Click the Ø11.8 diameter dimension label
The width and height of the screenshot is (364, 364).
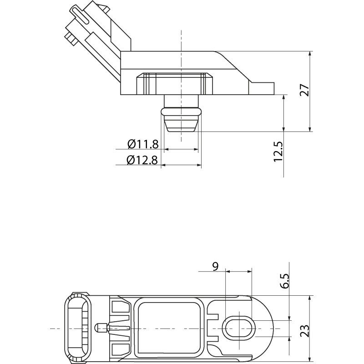pyautogui.click(x=143, y=144)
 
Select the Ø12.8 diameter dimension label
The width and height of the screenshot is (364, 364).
pyautogui.click(x=143, y=160)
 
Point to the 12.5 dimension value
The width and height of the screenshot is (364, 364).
pyautogui.click(x=278, y=151)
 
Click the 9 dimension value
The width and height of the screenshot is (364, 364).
pyautogui.click(x=216, y=266)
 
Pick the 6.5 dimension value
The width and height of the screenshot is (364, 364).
pyautogui.click(x=285, y=281)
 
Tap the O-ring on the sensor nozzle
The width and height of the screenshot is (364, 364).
pyautogui.click(x=181, y=111)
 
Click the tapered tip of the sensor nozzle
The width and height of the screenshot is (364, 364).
pyautogui.click(x=181, y=126)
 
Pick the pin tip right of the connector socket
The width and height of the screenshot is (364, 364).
pyautogui.click(x=97, y=328)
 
